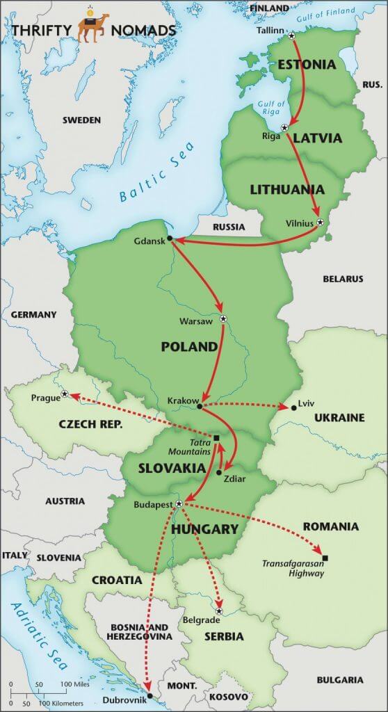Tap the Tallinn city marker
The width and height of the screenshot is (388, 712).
(x=291, y=35)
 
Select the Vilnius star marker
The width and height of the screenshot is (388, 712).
(x=320, y=222)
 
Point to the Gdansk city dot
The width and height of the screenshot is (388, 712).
(x=170, y=238)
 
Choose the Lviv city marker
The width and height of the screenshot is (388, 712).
(x=293, y=407)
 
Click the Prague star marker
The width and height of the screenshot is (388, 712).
(x=65, y=394)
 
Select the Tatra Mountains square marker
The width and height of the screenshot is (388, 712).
(x=216, y=438)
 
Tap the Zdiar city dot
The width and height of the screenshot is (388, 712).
(x=219, y=472)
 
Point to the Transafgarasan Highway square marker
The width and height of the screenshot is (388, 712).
(x=325, y=558)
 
